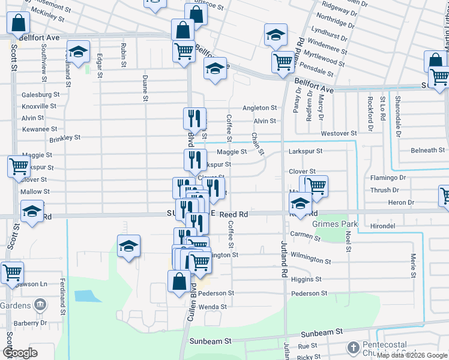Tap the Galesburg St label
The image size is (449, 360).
click(x=40, y=94)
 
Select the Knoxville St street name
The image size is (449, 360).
click(x=40, y=106)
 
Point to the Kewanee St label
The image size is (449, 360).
click(x=40, y=128)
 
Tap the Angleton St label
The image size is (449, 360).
click(x=259, y=108)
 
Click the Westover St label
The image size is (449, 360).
click(x=339, y=133)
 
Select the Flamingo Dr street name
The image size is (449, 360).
click(x=388, y=178)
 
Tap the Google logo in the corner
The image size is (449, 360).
click(x=20, y=352)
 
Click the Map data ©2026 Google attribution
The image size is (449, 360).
click(x=411, y=355)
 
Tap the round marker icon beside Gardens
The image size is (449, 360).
click(x=40, y=305)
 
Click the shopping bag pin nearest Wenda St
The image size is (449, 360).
click(x=179, y=281)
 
